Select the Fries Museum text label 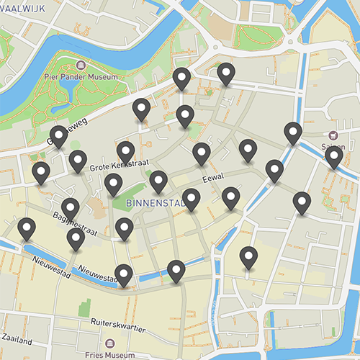coord(109,354)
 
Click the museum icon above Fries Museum coord(109,343)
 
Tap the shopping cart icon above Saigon coord(332,135)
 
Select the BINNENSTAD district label coord(156,204)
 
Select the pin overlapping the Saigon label coord(333,156)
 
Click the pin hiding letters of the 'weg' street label coord(59,135)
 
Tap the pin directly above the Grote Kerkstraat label coord(126,152)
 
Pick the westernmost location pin coord(27,228)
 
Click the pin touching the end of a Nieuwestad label coord(124,274)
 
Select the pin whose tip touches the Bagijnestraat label coord(70,207)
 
